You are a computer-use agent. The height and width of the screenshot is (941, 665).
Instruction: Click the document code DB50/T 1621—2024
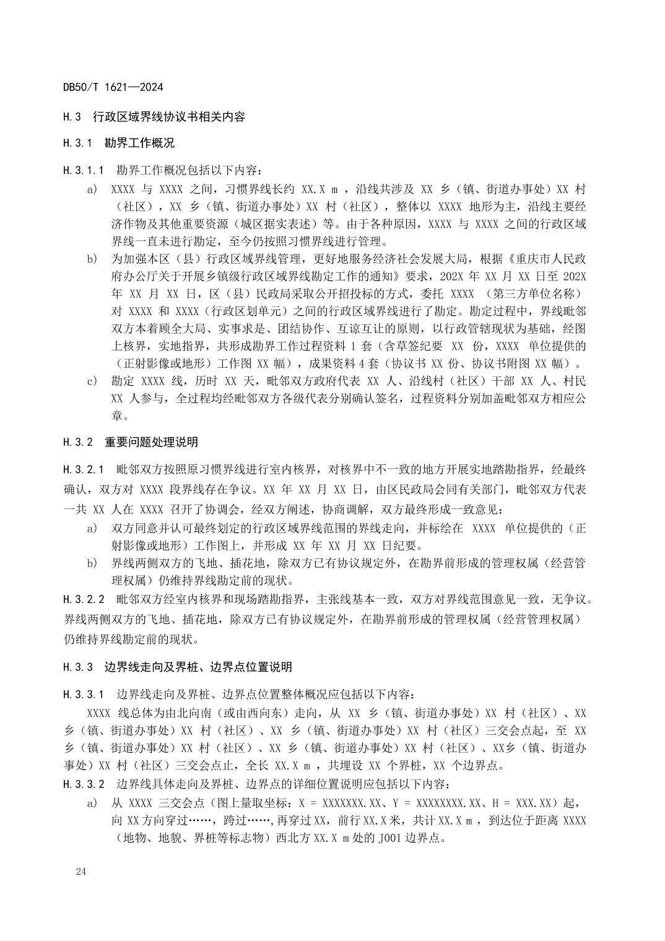[113, 87]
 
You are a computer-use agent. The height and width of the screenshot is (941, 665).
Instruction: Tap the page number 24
[81, 872]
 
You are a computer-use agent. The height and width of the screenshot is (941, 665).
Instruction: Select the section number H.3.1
[77, 143]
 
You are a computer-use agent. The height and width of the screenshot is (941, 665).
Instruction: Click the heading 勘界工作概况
[139, 143]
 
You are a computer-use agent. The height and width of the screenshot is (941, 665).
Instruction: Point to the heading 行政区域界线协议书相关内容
[168, 116]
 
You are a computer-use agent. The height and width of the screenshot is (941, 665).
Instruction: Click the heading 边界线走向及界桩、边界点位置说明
[198, 667]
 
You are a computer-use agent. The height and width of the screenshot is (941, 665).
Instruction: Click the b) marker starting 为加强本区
[92, 258]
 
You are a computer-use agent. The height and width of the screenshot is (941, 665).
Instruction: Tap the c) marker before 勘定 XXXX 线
[92, 381]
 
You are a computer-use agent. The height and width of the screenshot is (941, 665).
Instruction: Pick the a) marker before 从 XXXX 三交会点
[92, 803]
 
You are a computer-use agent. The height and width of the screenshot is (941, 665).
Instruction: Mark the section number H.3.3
[77, 667]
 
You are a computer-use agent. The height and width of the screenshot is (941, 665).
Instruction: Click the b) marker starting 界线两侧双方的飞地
[92, 563]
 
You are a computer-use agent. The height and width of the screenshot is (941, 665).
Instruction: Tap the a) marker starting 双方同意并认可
[92, 528]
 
